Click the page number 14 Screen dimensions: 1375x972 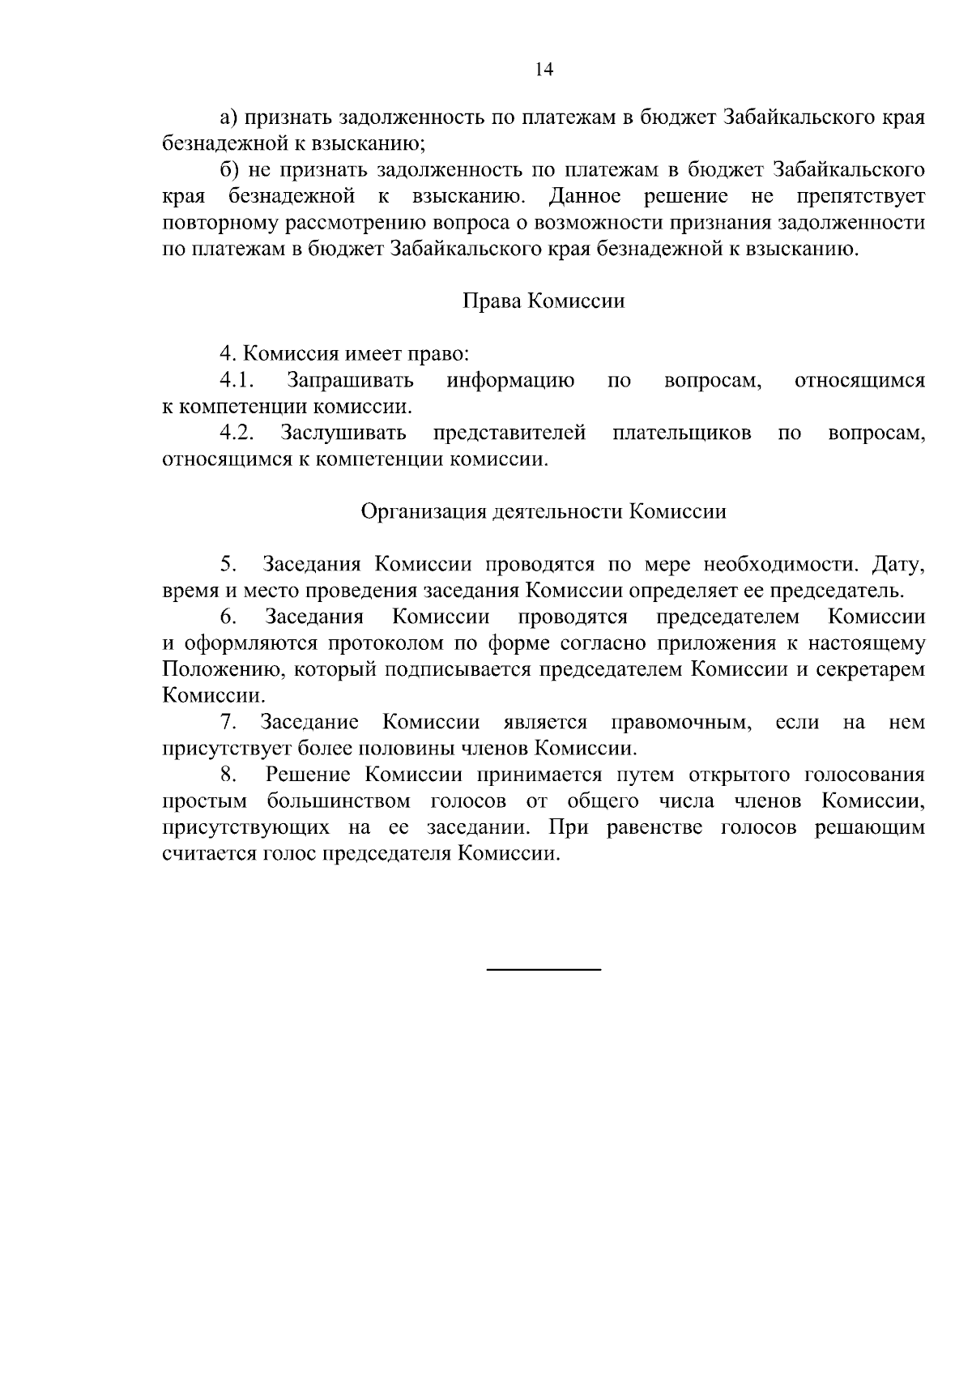pos(544,70)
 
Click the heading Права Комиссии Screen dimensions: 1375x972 pos(544,301)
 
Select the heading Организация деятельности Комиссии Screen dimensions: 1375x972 pos(544,512)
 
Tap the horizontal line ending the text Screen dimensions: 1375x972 pos(544,969)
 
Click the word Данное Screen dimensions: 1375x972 pos(585,197)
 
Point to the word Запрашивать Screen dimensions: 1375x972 pos(350,381)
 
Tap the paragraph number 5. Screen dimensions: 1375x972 pos(228,565)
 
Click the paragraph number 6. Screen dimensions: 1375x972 pos(228,617)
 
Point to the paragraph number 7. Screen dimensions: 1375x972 pos(228,723)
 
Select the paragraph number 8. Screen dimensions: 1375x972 pos(228,775)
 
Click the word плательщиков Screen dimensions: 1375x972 pos(681,433)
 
